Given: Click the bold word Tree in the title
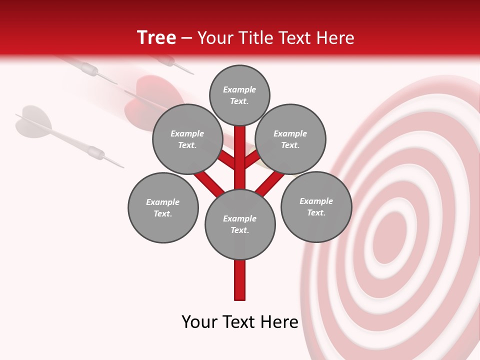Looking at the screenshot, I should (156, 38).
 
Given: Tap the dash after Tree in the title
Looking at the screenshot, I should (186, 38).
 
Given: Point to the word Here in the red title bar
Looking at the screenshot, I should (335, 38).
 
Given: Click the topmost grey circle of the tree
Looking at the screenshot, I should (239, 95).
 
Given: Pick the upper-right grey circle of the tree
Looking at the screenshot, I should (290, 139).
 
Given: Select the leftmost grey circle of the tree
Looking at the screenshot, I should (163, 207).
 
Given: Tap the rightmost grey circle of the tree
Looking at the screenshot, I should (316, 206).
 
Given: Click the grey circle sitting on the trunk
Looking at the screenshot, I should (240, 224).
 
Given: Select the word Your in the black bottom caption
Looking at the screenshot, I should (199, 322).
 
